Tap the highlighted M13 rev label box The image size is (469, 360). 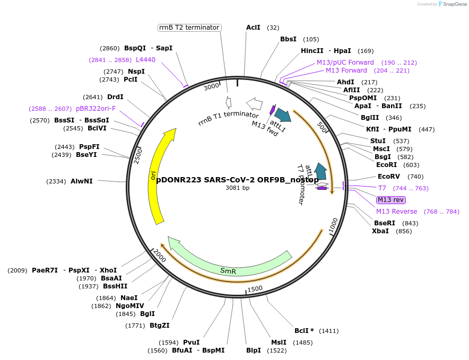tap(391, 200)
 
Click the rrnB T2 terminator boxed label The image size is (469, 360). tap(189, 28)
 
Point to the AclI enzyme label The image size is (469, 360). tap(253, 28)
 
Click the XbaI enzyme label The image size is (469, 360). tap(380, 231)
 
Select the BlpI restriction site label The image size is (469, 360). tap(254, 350)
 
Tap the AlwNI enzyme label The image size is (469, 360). tap(82, 181)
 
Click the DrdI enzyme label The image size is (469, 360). tap(115, 97)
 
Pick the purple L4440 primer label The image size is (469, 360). tap(145, 60)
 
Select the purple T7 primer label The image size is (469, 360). tap(382, 188)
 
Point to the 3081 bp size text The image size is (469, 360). tap(237, 188)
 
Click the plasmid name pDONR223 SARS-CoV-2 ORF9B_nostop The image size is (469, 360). tap(237, 179)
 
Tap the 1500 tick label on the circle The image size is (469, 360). tap(255, 288)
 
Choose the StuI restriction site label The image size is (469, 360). tap(378, 141)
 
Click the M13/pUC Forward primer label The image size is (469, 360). tap(345, 63)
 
